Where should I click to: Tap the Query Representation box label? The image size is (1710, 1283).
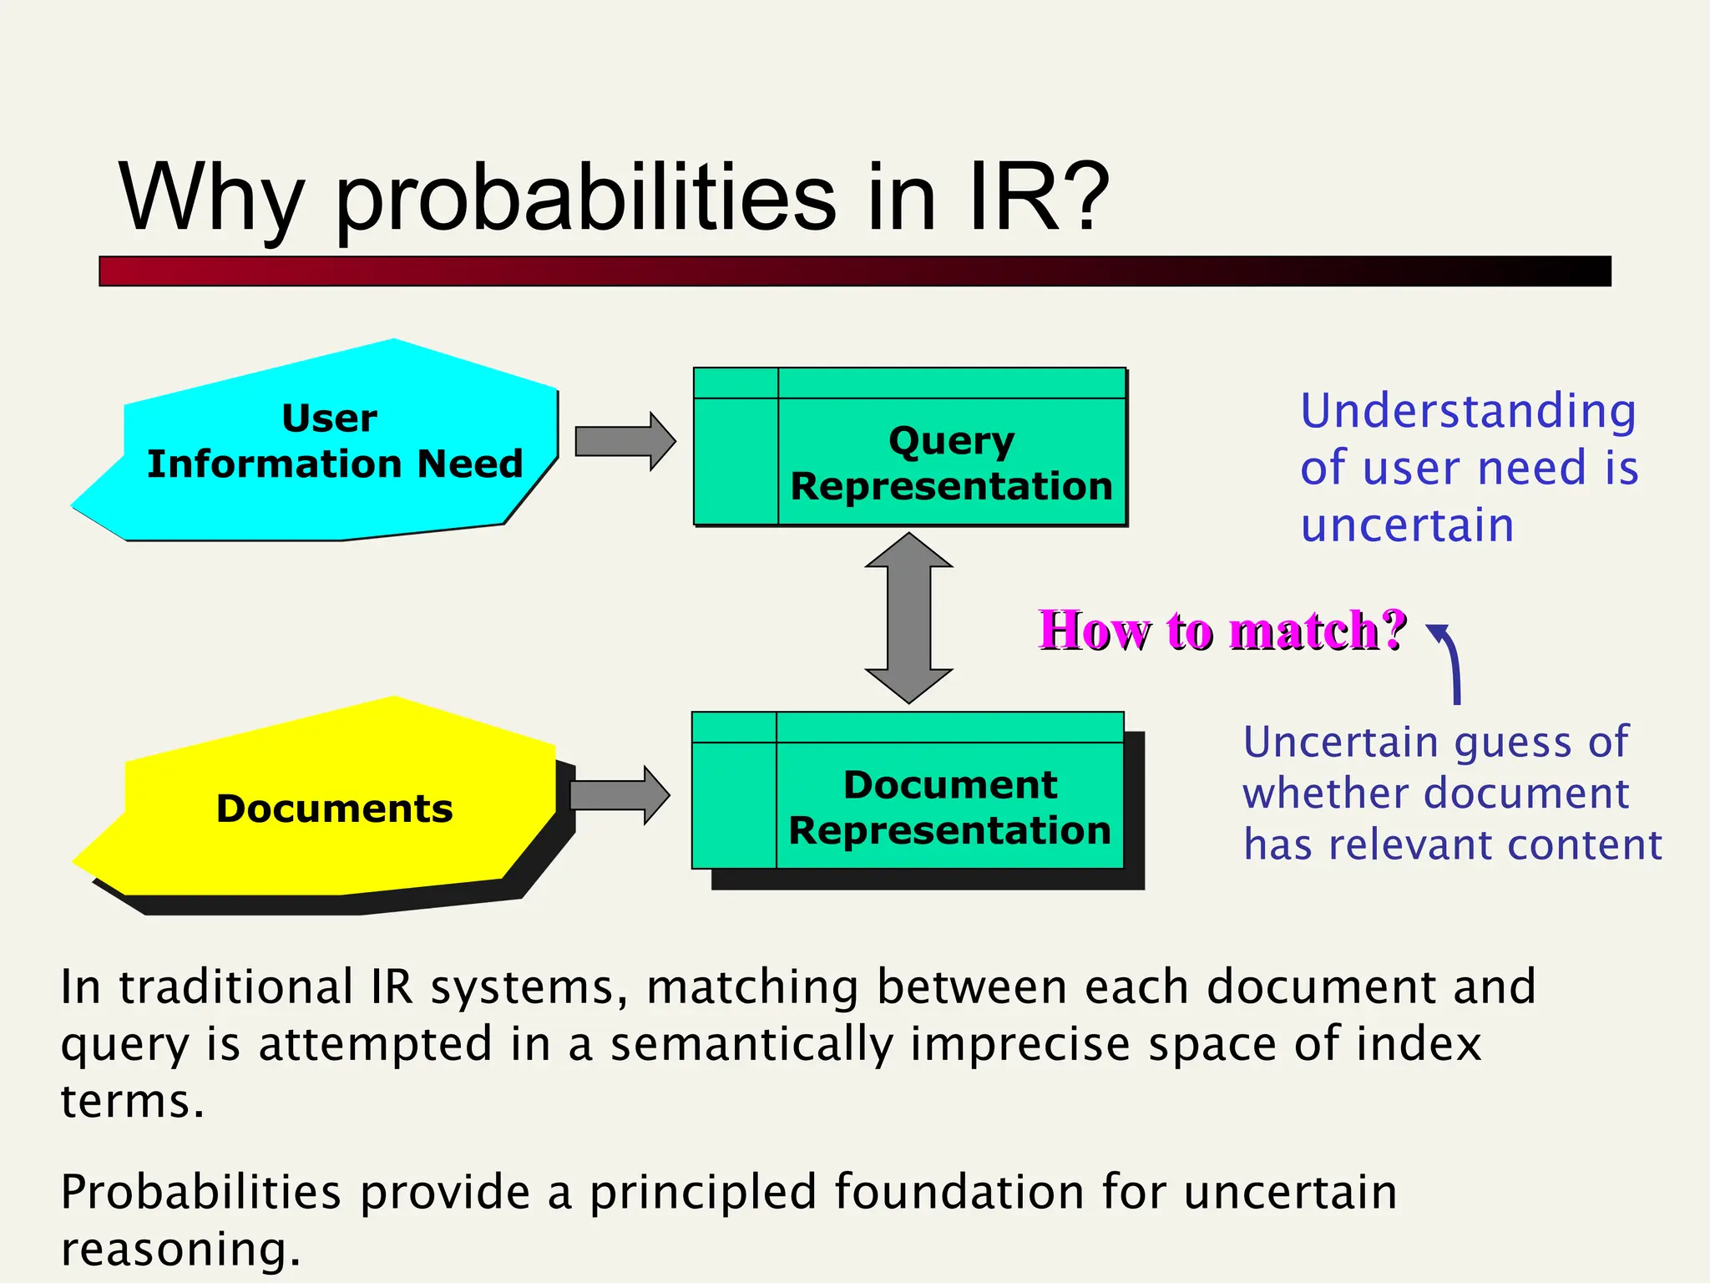point(952,464)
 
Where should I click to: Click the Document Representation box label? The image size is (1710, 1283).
point(950,808)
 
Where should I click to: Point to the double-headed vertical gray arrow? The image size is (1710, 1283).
point(908,618)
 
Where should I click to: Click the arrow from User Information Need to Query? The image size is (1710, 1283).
point(625,441)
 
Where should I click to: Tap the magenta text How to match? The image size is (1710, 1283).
point(1222,630)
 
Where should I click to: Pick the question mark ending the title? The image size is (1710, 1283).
point(1082,197)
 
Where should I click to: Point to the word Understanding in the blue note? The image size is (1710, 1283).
point(1468,412)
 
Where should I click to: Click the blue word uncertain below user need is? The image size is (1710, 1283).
point(1407,525)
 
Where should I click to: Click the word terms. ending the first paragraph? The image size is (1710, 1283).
point(132,1101)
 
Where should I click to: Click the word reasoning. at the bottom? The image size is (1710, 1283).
point(180,1250)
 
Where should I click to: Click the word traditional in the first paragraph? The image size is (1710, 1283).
point(236,987)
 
